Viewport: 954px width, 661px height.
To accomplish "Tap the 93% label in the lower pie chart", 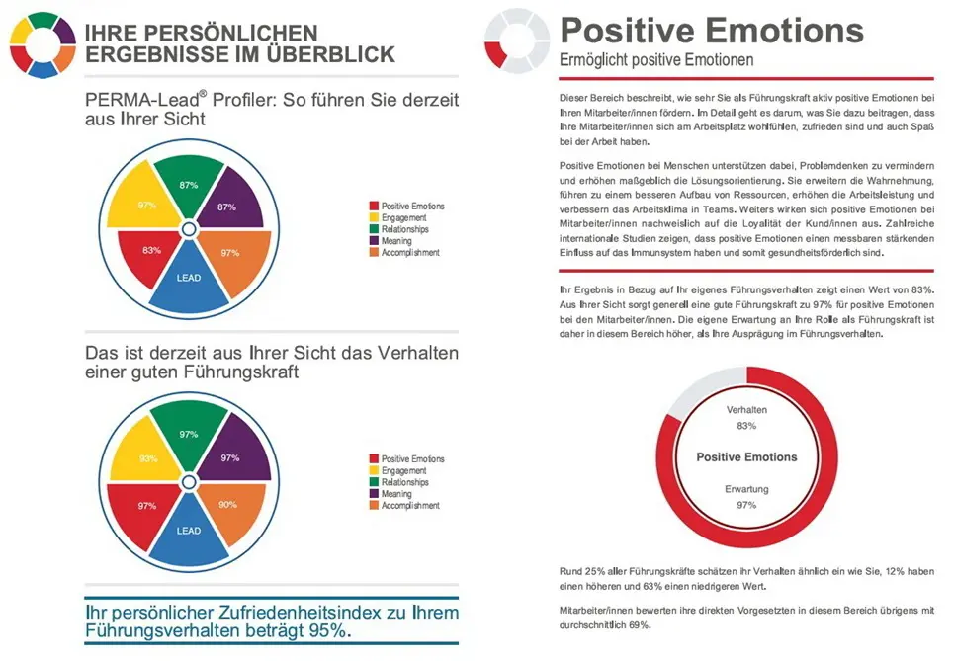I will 148,458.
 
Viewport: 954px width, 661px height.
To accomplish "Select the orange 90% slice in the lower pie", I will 229,506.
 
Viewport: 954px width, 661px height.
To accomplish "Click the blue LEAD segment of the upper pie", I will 188,281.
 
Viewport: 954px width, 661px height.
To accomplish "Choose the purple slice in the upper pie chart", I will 229,204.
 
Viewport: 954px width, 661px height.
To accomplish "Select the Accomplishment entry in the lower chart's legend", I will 410,506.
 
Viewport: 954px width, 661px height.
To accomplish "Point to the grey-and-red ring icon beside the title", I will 514,43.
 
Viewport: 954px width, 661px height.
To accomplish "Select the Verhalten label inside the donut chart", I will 746,409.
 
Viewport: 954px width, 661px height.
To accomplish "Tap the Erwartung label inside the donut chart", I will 746,489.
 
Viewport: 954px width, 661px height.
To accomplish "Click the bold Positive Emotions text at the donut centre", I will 746,457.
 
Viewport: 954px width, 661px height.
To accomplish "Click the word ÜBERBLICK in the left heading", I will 332,53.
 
